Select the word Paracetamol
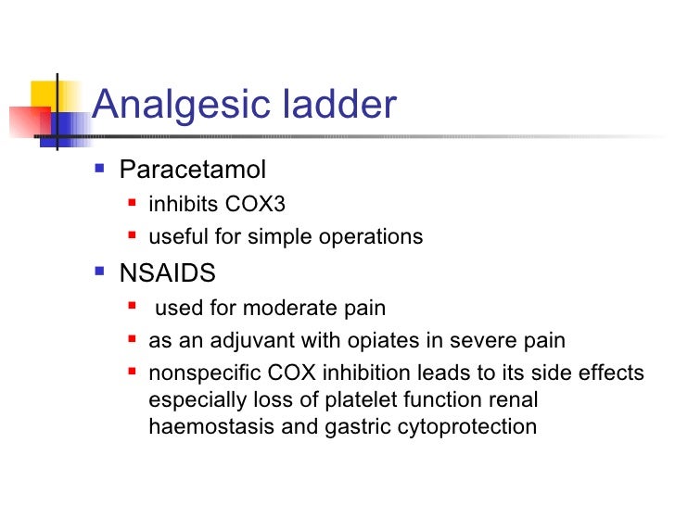coord(193,171)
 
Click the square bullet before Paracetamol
coord(100,171)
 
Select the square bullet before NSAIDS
coord(100,274)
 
